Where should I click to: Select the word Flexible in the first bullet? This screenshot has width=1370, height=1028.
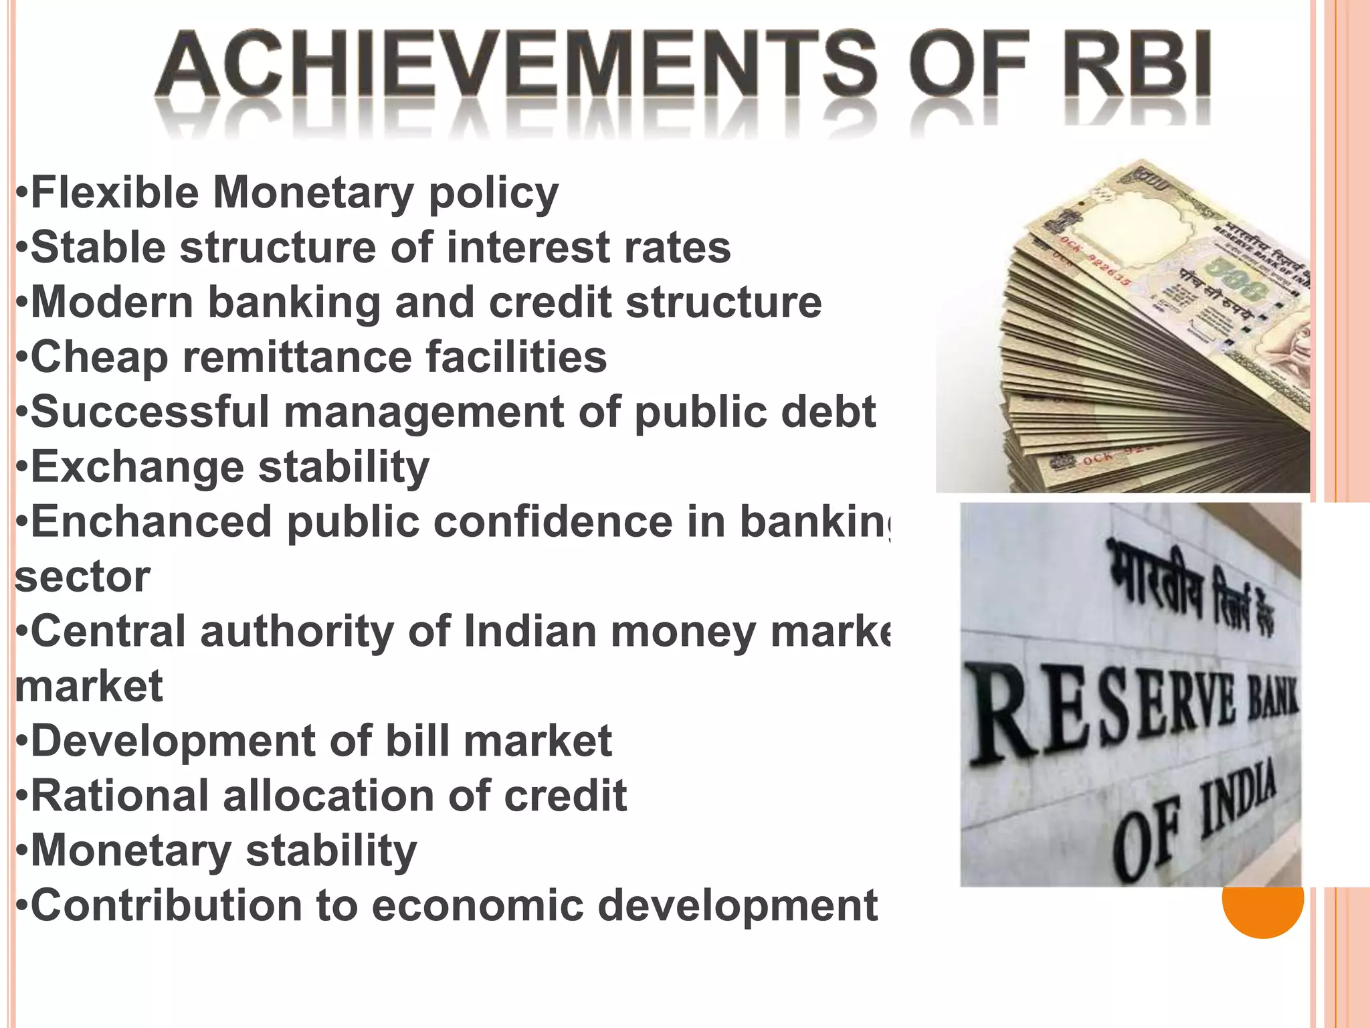[114, 193]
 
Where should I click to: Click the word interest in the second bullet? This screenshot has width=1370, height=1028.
[528, 248]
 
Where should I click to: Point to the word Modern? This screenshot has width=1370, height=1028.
[112, 303]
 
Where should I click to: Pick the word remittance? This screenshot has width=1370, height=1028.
[297, 357]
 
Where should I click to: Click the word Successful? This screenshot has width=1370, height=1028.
[150, 412]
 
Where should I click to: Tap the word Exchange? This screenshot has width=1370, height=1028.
[137, 467]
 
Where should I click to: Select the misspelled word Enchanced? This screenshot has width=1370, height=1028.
[151, 521]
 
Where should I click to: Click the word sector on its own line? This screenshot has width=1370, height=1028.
[82, 577]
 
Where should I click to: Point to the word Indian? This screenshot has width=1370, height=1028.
[530, 632]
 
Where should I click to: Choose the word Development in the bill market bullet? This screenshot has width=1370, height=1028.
[174, 742]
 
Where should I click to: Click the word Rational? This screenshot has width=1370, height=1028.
[120, 796]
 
